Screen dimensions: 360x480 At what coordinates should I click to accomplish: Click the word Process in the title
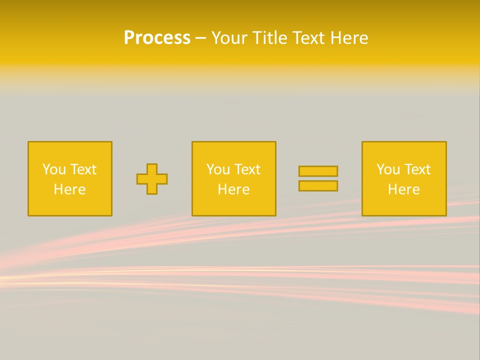[x=157, y=38]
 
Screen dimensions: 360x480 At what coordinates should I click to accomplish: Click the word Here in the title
[x=350, y=38]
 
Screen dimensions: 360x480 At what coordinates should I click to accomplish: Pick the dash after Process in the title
[x=200, y=38]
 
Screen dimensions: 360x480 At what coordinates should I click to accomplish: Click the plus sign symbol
[x=152, y=179]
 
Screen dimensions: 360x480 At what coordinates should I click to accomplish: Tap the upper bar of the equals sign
[x=318, y=171]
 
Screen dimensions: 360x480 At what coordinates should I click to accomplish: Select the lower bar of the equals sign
[x=318, y=186]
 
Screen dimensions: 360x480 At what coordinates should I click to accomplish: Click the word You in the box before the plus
[x=54, y=169]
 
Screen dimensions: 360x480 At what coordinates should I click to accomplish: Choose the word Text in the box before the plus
[x=83, y=169]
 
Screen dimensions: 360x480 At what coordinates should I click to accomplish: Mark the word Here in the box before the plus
[x=69, y=189]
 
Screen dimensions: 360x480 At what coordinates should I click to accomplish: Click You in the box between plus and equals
[x=218, y=169]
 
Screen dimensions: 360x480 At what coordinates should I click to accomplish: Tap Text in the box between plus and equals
[x=247, y=169]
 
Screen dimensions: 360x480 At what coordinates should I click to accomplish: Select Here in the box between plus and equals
[x=233, y=189]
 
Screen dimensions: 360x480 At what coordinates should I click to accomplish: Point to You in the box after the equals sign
[x=388, y=169]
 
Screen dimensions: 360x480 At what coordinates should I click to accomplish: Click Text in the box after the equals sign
[x=417, y=169]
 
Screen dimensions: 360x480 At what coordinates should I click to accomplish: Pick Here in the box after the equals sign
[x=403, y=189]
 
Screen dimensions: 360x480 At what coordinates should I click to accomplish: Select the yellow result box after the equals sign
[x=404, y=205]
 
